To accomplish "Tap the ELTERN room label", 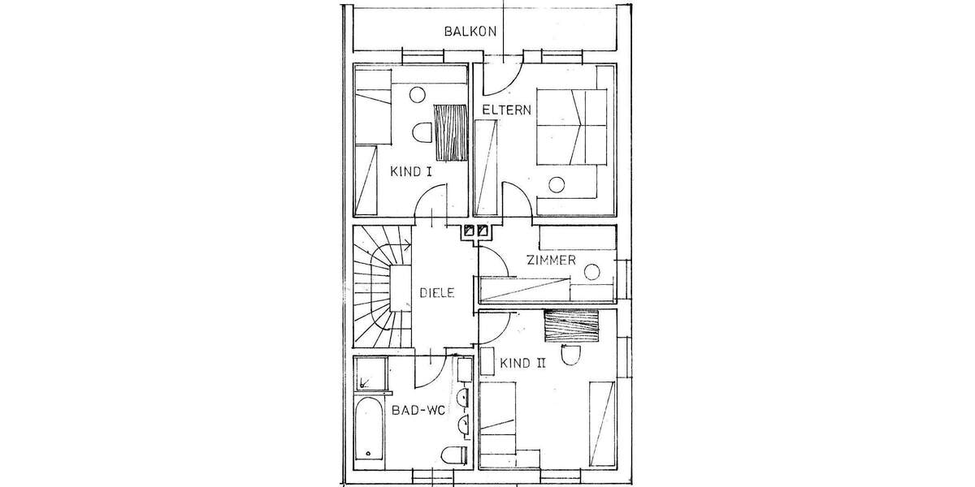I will point(506,110).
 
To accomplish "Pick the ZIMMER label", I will point(551,261).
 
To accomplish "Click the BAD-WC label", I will point(418,411).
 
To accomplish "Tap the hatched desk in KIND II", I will point(572,326).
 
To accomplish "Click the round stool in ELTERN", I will point(556,183).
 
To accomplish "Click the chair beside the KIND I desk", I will point(422,132).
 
